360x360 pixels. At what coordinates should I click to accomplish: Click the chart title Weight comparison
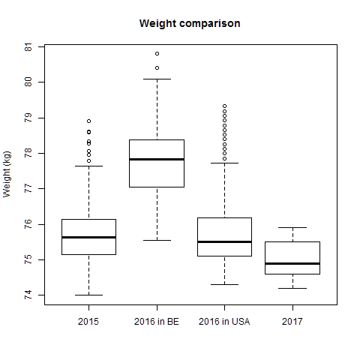coord(190,23)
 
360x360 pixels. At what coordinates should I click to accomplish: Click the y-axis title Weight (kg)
coord(7,173)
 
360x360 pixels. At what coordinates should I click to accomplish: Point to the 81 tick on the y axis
coord(29,46)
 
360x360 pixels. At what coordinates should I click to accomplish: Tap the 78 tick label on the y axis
coord(29,153)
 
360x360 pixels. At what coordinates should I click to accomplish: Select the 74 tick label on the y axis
coord(29,295)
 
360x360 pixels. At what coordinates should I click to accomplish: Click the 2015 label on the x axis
coord(88,322)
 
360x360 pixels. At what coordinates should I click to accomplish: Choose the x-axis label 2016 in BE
coord(156,322)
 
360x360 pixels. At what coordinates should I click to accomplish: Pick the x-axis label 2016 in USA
coord(224,322)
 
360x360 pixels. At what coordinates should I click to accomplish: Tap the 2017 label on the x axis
coord(292,322)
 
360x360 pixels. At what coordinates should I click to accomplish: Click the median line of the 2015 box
coord(88,237)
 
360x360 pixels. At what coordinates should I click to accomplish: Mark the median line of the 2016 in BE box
coord(156,159)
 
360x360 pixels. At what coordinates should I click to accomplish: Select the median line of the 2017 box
coord(292,263)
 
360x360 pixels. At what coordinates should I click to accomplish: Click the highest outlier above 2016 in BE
coord(157,53)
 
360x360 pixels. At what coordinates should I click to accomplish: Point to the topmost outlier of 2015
coord(88,121)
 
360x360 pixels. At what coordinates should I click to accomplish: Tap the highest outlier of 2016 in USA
coord(224,106)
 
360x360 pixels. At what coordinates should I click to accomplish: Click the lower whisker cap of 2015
coord(88,295)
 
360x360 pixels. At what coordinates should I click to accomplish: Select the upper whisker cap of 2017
coord(292,227)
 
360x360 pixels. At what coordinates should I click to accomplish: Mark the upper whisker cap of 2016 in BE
coord(156,79)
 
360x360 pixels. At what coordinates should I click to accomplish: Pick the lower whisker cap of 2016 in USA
coord(224,284)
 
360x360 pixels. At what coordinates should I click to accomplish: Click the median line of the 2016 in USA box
coord(224,241)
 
